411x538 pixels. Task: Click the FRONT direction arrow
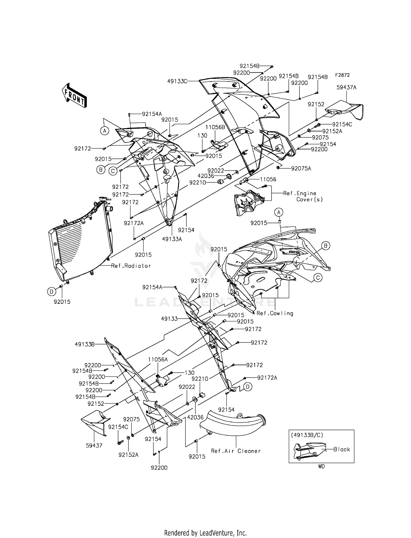(74, 96)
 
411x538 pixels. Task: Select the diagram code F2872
(342, 75)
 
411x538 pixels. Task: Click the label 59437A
(346, 87)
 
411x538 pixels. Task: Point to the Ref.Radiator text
(131, 266)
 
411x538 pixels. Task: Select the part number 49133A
(172, 239)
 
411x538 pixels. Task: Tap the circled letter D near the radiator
(52, 292)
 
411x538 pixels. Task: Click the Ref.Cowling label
(275, 313)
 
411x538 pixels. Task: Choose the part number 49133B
(85, 344)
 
